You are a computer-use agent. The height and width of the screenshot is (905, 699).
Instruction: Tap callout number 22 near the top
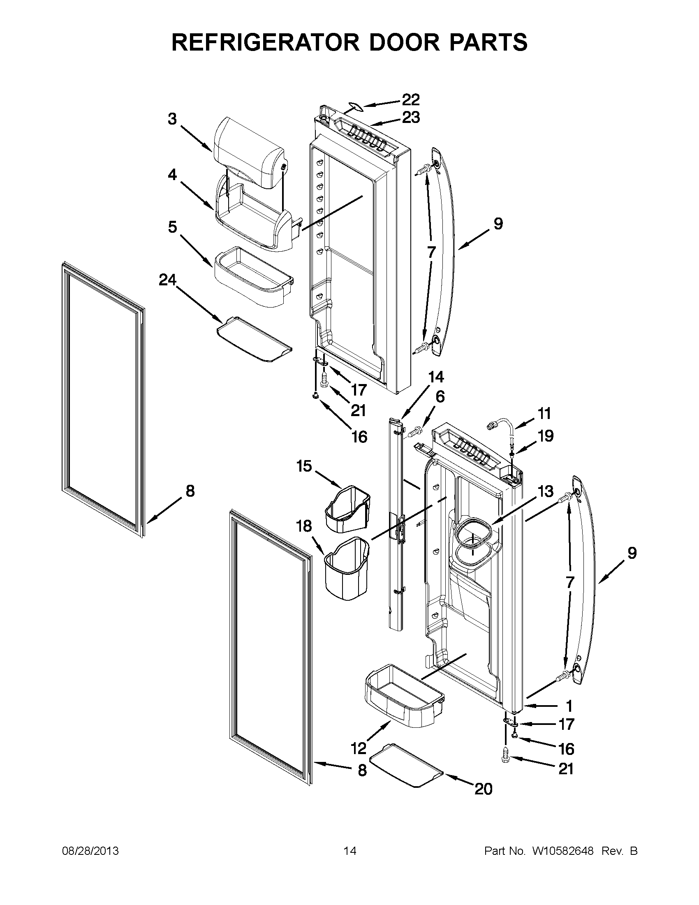click(x=411, y=100)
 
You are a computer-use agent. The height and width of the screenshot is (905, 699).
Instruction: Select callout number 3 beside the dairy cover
click(x=172, y=119)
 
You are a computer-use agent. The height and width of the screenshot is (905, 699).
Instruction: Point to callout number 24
click(x=167, y=281)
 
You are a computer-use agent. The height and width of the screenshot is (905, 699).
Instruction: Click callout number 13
click(x=545, y=492)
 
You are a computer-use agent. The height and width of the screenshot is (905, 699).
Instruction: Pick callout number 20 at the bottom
click(x=483, y=789)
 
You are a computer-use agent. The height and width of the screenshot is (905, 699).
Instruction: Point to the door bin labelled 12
click(x=404, y=700)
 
